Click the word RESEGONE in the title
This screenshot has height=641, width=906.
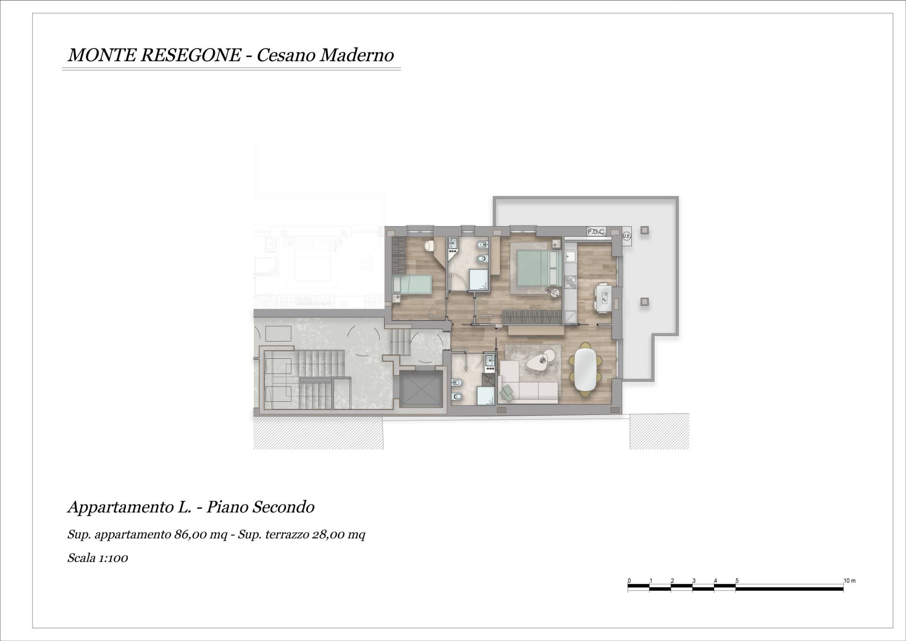[190, 55]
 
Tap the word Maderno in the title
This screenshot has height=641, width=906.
[357, 55]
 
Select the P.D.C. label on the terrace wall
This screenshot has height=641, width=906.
[596, 232]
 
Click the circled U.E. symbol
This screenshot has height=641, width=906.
[627, 236]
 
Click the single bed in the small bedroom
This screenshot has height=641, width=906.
[412, 285]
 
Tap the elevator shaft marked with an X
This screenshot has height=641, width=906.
[421, 389]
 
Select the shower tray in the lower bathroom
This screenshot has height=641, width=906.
[485, 396]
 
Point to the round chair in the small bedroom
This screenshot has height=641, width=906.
[430, 246]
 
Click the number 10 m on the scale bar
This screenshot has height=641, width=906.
[849, 581]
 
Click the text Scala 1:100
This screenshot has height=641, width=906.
[98, 558]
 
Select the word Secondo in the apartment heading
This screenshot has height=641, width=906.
[284, 507]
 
